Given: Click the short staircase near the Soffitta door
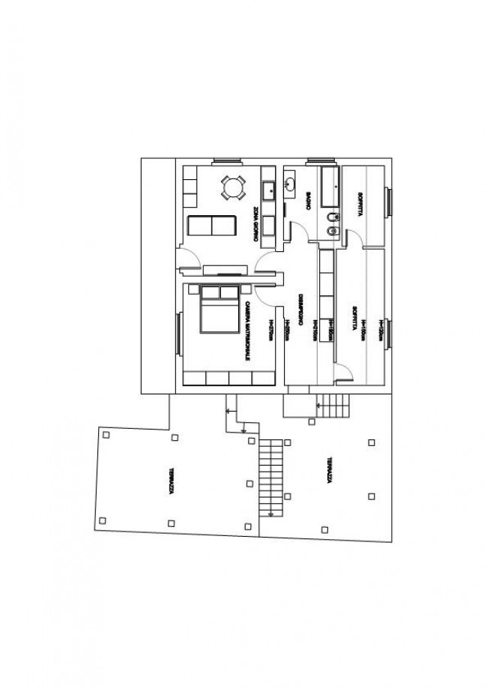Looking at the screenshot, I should tap(333, 407).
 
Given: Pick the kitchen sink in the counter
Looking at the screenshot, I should tap(267, 188).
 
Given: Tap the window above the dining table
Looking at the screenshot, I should tap(226, 160).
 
